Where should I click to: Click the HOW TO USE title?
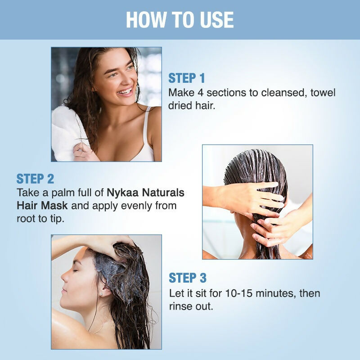click(180, 20)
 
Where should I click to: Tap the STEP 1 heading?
click(186, 78)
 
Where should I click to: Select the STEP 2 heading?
click(35, 179)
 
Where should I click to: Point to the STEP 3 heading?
click(188, 278)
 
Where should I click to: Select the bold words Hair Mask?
click(42, 206)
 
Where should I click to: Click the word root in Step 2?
click(26, 219)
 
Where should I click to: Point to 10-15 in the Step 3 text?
click(239, 293)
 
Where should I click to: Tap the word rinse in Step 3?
click(179, 306)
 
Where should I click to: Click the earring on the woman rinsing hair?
click(101, 294)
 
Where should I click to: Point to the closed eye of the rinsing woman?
click(75, 270)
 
